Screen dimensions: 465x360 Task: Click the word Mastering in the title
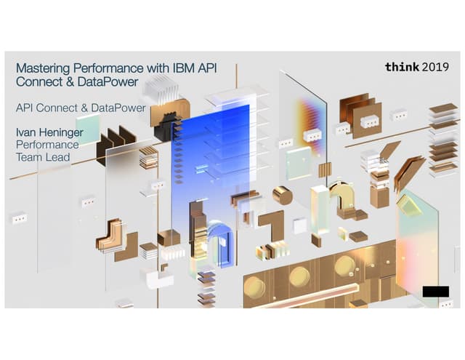tap(44, 68)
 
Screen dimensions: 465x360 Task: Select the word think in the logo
tap(402, 67)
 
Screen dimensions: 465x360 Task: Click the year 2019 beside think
tap(435, 68)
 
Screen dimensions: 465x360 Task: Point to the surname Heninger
tap(61, 132)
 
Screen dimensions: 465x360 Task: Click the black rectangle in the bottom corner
tap(436, 292)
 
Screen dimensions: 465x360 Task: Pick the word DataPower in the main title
tap(108, 82)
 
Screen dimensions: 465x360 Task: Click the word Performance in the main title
tap(108, 68)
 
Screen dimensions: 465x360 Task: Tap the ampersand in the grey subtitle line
tap(84, 108)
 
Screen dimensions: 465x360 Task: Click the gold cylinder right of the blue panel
tap(283, 196)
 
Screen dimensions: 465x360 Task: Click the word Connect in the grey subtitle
tap(57, 108)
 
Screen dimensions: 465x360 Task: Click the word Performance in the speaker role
tap(47, 145)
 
